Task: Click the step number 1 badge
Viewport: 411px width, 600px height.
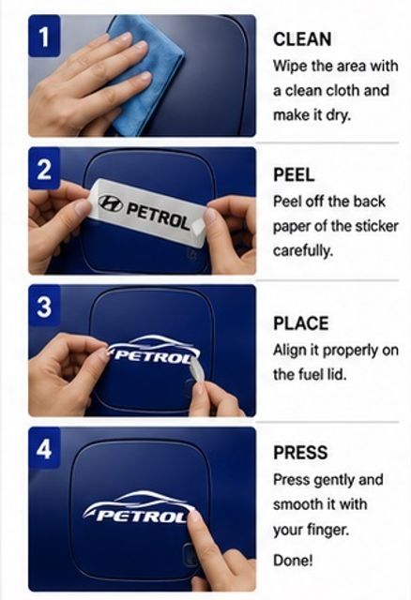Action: click(x=44, y=36)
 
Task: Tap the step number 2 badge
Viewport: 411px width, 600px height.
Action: click(x=44, y=169)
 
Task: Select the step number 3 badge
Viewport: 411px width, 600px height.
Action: click(x=44, y=306)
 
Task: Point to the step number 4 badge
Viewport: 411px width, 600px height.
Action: click(x=44, y=448)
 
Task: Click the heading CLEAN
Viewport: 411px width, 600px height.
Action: click(x=302, y=39)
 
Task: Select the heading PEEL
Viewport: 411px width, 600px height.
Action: click(x=294, y=175)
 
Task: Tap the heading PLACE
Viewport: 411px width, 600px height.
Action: click(x=300, y=323)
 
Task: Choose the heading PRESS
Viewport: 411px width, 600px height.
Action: click(x=300, y=452)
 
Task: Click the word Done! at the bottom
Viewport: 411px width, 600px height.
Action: click(x=293, y=561)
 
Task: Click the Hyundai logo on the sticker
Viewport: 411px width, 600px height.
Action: click(x=111, y=203)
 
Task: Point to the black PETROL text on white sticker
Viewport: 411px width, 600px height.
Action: click(x=158, y=217)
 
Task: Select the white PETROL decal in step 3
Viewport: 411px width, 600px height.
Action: click(x=153, y=351)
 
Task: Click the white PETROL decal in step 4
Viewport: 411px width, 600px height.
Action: click(x=139, y=507)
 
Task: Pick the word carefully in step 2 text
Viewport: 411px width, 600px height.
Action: click(x=302, y=251)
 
